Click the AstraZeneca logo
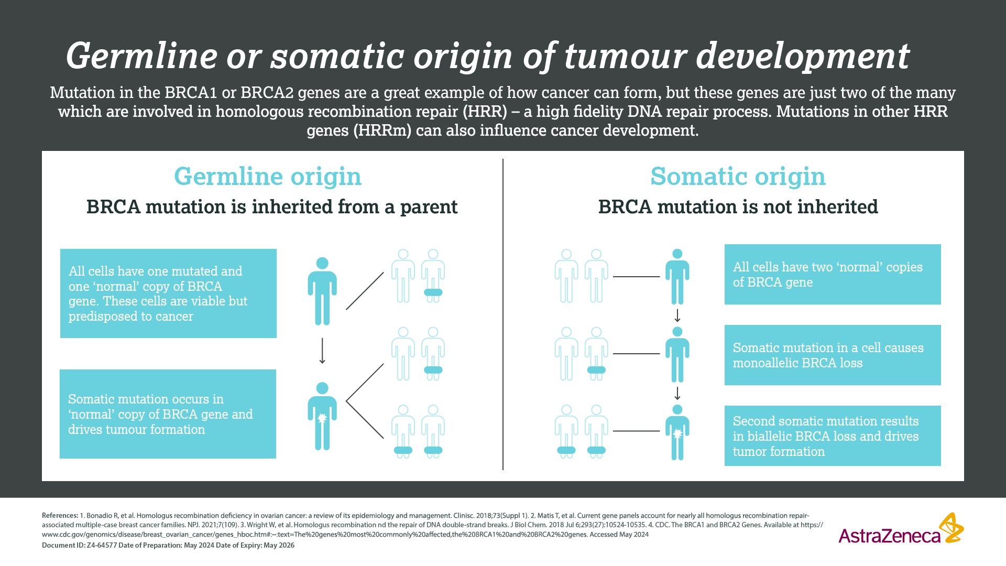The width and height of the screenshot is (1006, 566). point(901,529)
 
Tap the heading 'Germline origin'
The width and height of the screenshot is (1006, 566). point(268,177)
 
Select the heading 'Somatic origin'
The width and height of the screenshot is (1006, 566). point(738,177)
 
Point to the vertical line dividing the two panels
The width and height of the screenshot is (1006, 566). point(503,314)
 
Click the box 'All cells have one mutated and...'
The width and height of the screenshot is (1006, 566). point(168,293)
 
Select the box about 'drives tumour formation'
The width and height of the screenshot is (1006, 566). point(168,414)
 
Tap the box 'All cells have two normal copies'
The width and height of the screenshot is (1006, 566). point(833,274)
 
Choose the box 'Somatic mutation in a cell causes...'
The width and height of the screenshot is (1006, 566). point(833,355)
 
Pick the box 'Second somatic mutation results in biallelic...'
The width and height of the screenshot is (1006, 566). point(833,436)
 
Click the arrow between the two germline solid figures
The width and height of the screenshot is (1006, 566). point(322,351)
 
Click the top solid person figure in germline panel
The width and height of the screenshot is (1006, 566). point(322,291)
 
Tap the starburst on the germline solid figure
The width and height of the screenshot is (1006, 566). point(322,418)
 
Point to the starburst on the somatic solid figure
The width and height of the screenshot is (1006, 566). point(677,434)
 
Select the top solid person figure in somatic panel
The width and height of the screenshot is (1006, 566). point(677,277)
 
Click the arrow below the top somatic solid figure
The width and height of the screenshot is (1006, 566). point(677,315)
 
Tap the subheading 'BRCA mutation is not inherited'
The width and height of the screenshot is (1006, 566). point(738,207)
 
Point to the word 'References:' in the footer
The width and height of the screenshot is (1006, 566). point(60,516)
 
